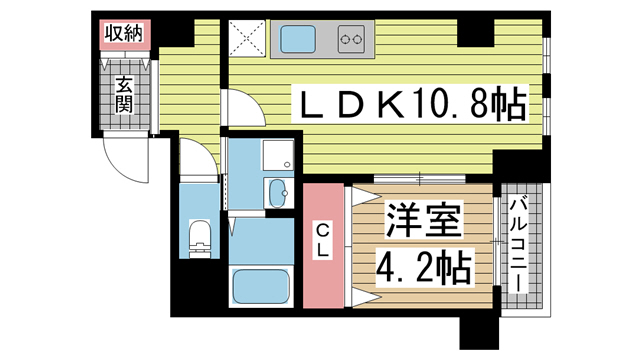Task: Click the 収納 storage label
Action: click(x=125, y=32)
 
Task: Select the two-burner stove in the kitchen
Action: click(x=352, y=41)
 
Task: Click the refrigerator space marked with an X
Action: click(x=245, y=41)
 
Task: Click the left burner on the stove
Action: click(x=344, y=41)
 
